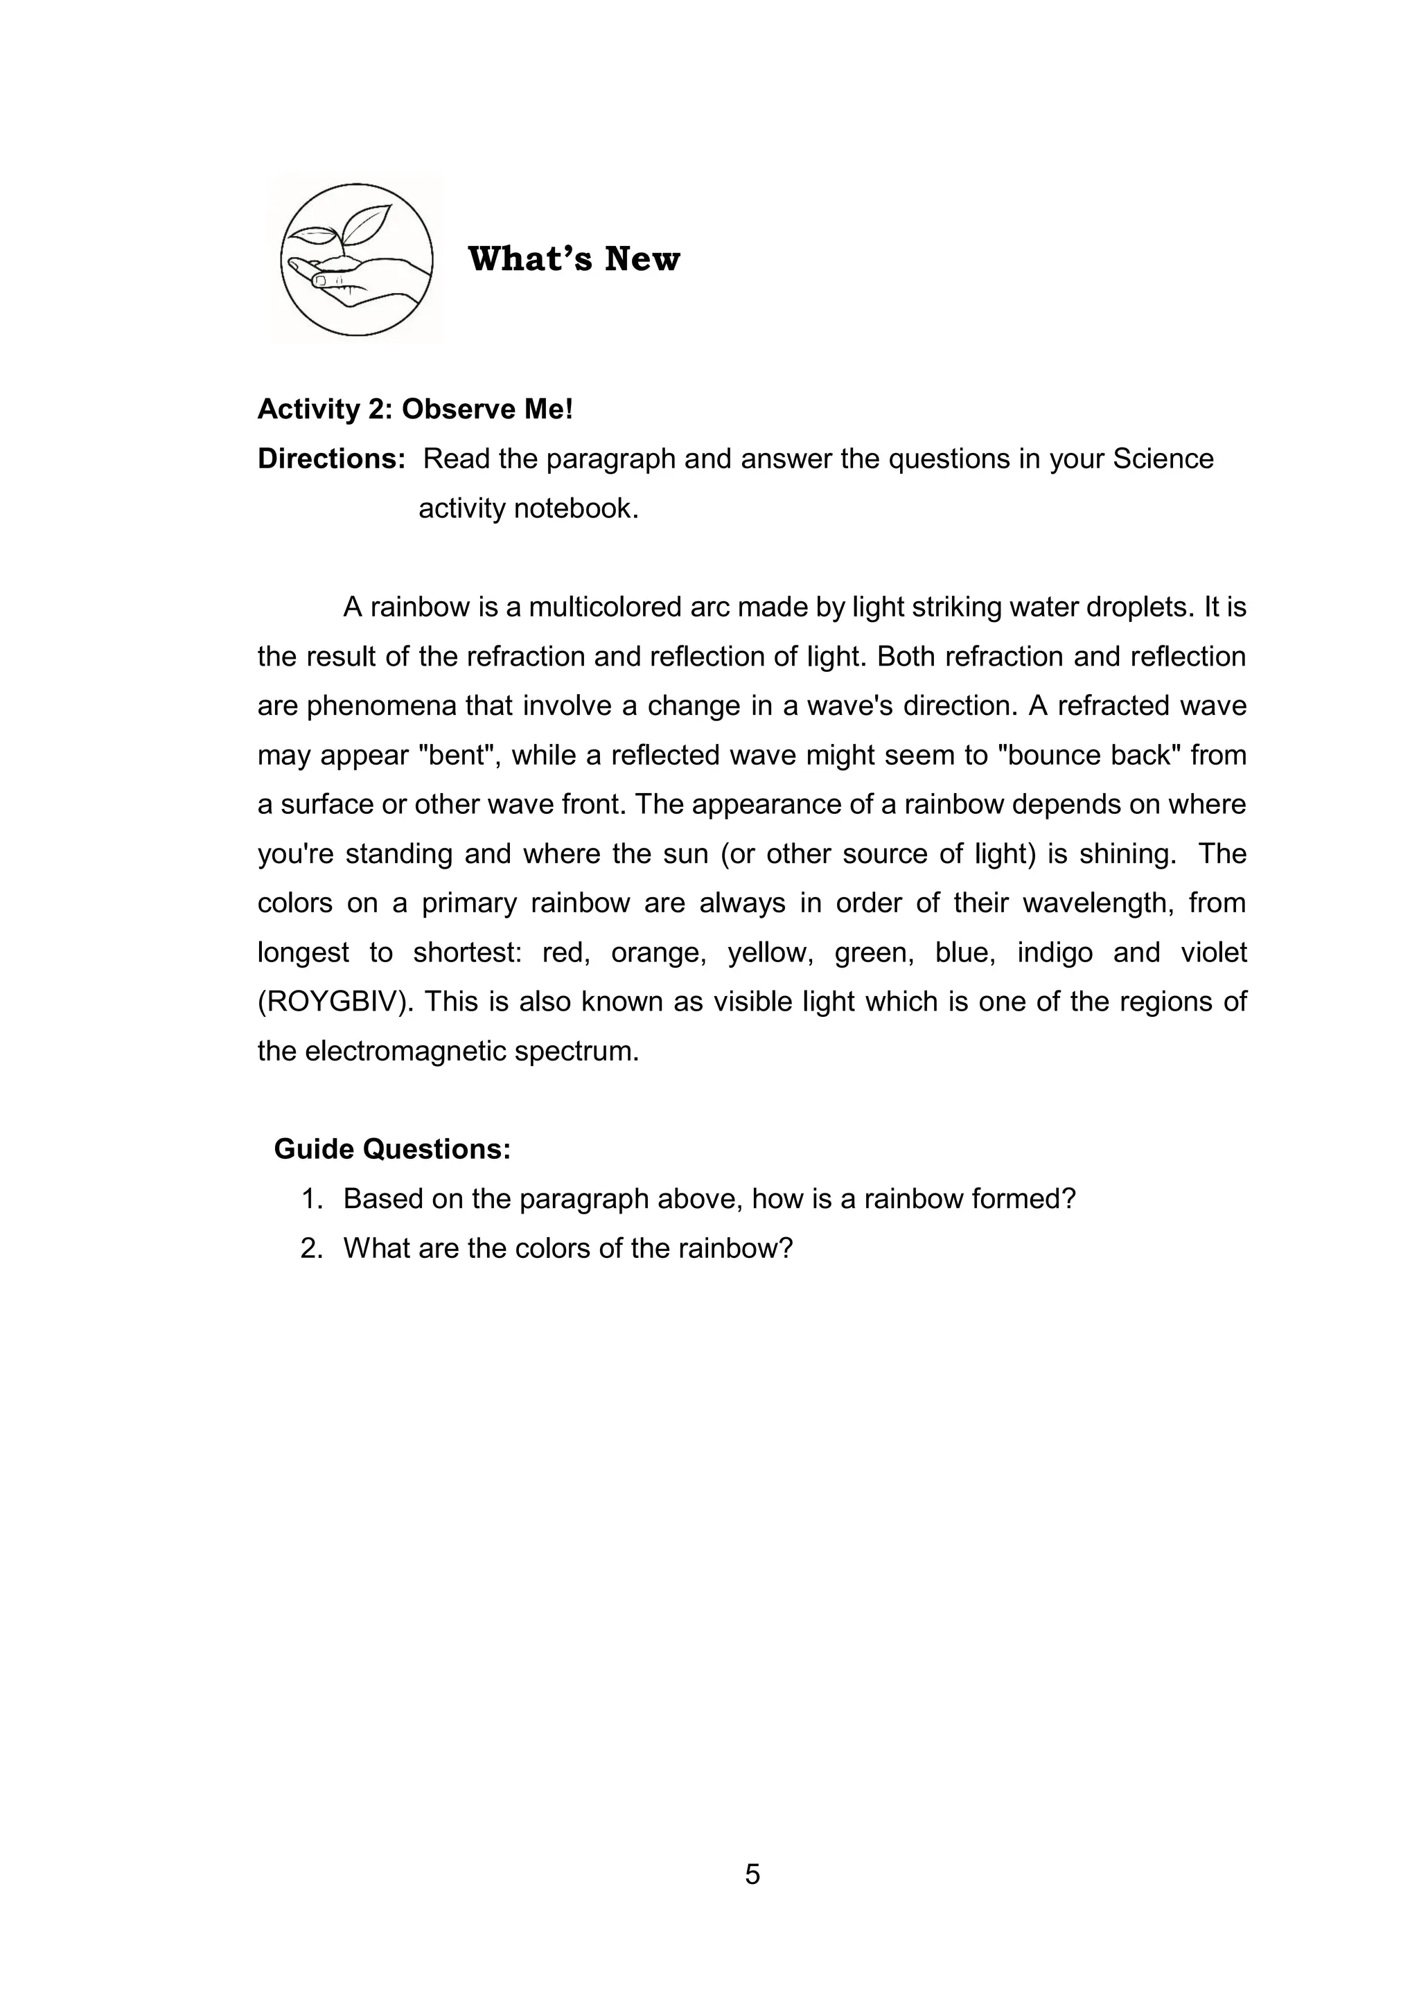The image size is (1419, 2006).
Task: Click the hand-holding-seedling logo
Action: point(357,260)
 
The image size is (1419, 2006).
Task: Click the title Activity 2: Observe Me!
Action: point(415,409)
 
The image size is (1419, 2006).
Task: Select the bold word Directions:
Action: point(331,459)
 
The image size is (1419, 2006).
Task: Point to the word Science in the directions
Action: point(1163,459)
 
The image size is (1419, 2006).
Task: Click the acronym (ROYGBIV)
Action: point(335,1001)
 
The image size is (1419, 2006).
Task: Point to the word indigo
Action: point(1055,952)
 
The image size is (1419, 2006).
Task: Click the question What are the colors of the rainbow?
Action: point(567,1248)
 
